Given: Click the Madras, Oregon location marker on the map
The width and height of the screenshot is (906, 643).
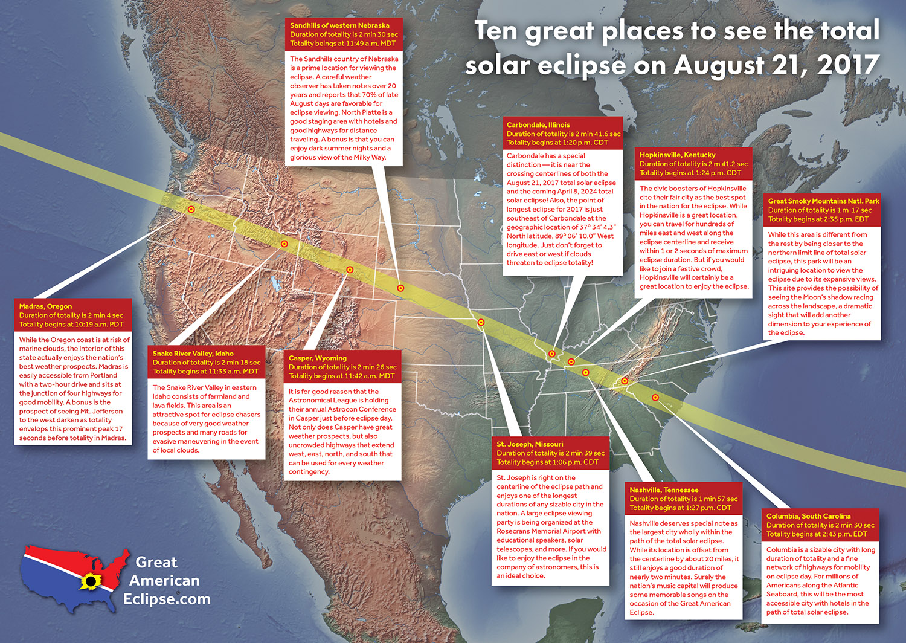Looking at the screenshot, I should [x=191, y=210].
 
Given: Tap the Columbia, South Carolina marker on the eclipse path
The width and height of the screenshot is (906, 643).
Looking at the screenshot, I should [x=655, y=398].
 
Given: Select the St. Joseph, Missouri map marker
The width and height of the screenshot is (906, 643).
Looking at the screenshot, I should [x=481, y=323].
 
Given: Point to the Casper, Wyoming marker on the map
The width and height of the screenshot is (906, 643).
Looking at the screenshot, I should [x=350, y=270].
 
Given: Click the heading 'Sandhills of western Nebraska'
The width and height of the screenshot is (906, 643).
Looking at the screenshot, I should [x=339, y=25].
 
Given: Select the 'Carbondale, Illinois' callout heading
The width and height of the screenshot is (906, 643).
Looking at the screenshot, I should [x=538, y=125].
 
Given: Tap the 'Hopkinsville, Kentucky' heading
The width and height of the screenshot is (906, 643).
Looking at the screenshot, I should [x=677, y=155].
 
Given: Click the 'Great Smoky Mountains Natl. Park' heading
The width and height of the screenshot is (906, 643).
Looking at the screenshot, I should [x=823, y=201].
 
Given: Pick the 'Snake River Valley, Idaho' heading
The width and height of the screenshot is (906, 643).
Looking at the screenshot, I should [x=193, y=354].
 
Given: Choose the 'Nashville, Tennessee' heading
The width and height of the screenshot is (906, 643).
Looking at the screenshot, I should [x=664, y=490].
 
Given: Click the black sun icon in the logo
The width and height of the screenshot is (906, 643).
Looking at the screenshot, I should [x=91, y=582].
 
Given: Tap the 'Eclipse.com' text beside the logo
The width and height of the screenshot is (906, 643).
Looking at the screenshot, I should [x=167, y=599].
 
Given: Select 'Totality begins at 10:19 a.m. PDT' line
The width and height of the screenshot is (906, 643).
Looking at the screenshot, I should [x=71, y=325].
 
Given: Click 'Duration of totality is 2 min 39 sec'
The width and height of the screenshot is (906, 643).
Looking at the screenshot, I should [x=550, y=453].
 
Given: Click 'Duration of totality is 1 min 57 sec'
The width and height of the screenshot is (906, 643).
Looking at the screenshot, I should [x=684, y=499].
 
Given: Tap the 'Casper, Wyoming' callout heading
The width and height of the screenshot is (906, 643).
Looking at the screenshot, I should [x=318, y=358].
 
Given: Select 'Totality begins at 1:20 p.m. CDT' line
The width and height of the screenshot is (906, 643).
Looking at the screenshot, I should [x=557, y=143].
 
